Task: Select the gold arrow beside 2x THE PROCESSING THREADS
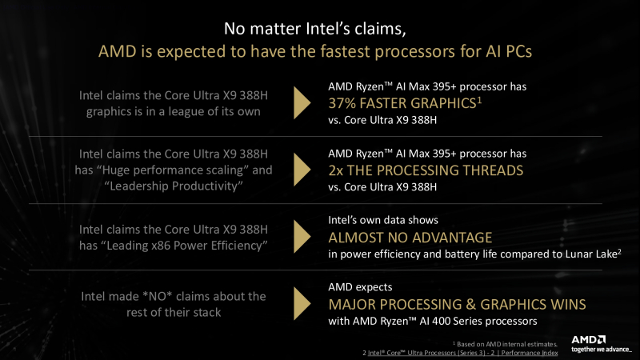302,168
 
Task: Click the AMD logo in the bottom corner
590,339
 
